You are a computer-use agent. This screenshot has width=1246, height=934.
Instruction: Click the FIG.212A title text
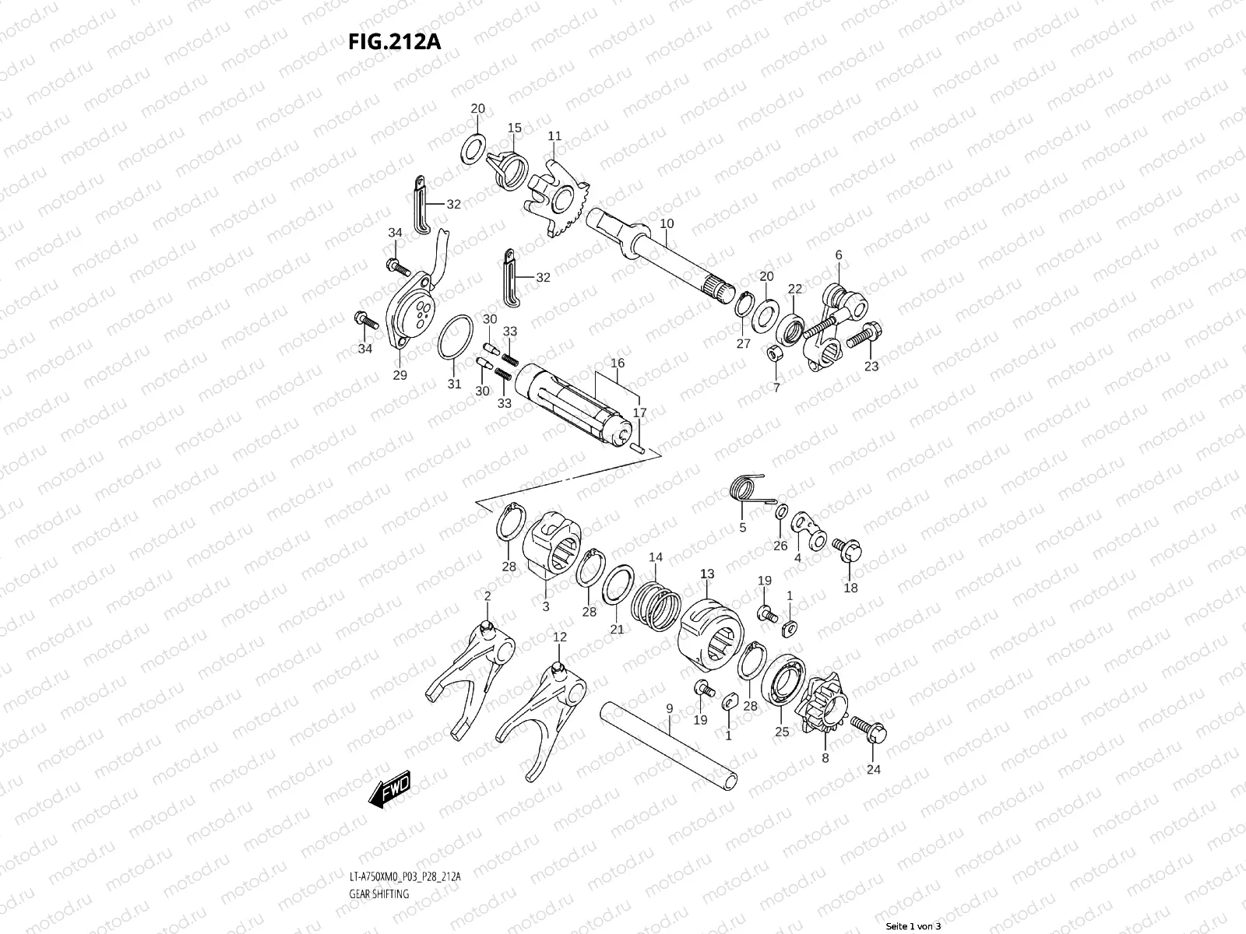tap(394, 40)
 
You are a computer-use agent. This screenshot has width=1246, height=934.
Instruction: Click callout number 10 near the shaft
tap(667, 224)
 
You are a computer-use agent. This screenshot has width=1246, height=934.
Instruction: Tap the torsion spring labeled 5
tap(748, 490)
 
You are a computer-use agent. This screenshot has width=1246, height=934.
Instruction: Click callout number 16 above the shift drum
tap(618, 363)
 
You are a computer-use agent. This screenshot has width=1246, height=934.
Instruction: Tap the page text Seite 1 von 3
tap(913, 926)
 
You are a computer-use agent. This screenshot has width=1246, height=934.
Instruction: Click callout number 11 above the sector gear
tap(554, 136)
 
